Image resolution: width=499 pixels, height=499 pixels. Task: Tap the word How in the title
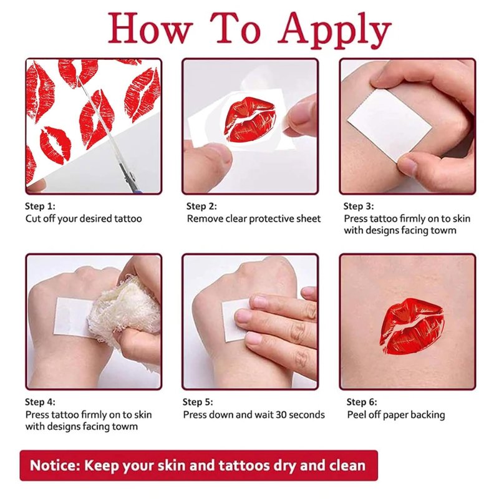click(150, 28)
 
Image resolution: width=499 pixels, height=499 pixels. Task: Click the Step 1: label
click(40, 206)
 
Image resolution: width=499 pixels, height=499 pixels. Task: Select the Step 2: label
click(201, 206)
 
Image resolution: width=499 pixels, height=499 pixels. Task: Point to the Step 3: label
click(359, 206)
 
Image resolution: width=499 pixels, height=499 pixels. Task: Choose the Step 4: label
click(40, 402)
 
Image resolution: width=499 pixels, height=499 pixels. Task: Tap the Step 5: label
click(198, 402)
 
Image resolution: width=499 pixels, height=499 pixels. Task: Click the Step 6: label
click(362, 402)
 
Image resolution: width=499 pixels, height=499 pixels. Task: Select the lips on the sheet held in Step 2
click(248, 119)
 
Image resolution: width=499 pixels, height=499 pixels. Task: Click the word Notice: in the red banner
click(56, 465)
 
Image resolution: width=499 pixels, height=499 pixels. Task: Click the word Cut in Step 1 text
click(33, 219)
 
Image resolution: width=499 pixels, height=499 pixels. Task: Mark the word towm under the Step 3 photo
click(443, 230)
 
